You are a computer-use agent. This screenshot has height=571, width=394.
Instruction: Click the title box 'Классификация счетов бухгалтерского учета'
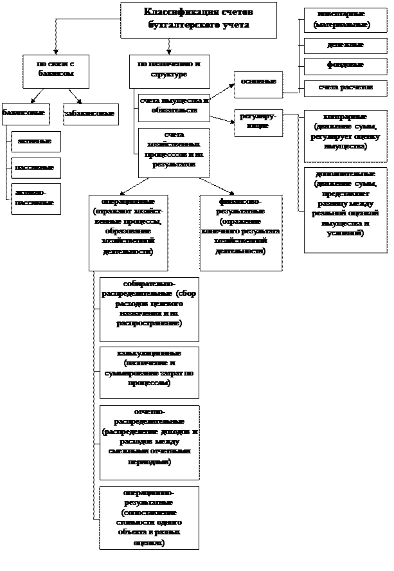(199, 19)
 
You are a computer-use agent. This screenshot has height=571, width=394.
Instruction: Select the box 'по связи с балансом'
(55, 71)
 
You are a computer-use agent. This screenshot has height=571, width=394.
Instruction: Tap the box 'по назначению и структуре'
(170, 71)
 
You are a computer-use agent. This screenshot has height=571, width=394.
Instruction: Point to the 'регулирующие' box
(258, 122)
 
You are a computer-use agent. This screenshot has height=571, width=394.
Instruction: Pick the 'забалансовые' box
(91, 114)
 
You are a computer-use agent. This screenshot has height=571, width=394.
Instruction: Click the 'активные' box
(36, 141)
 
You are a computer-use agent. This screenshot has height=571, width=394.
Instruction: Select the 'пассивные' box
(36, 168)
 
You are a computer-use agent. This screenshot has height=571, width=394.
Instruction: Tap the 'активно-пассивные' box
(36, 199)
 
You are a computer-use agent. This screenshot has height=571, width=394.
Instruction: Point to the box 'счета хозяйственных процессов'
(174, 153)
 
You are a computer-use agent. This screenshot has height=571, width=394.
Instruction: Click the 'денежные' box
(345, 46)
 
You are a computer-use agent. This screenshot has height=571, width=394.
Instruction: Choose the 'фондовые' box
(345, 66)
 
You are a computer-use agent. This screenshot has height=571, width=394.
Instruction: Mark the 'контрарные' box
(345, 136)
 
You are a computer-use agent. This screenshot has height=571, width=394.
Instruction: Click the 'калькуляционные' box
(149, 372)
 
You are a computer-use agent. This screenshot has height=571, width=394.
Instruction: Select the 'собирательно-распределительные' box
(149, 309)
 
